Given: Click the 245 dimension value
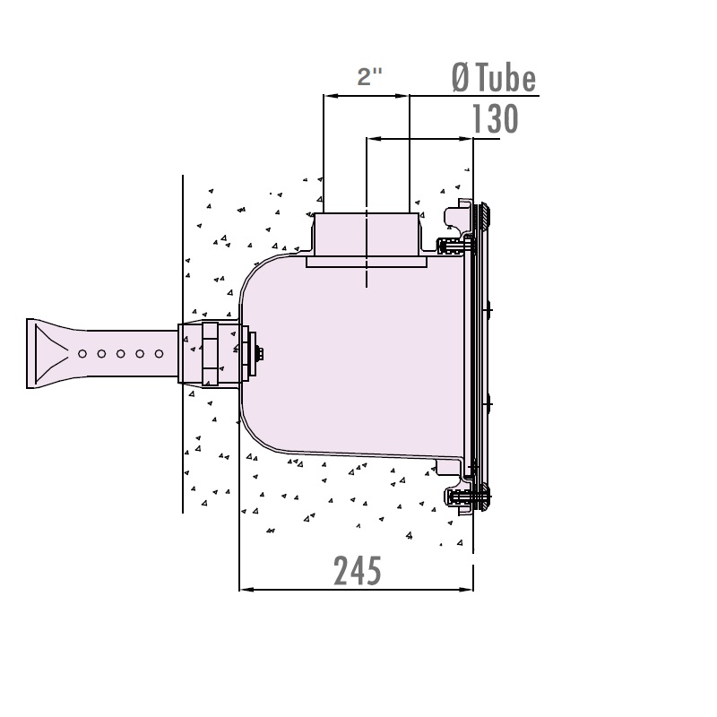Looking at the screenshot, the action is (358, 571).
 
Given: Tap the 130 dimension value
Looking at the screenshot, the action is (496, 119).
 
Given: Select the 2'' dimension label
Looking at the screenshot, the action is (369, 76).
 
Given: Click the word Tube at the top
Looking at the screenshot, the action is (505, 79).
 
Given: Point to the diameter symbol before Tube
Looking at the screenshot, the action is (461, 79).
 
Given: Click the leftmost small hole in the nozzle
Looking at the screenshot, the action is (82, 353).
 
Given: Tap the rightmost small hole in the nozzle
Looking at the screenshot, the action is (160, 353).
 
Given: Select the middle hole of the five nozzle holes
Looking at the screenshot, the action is (121, 353).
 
